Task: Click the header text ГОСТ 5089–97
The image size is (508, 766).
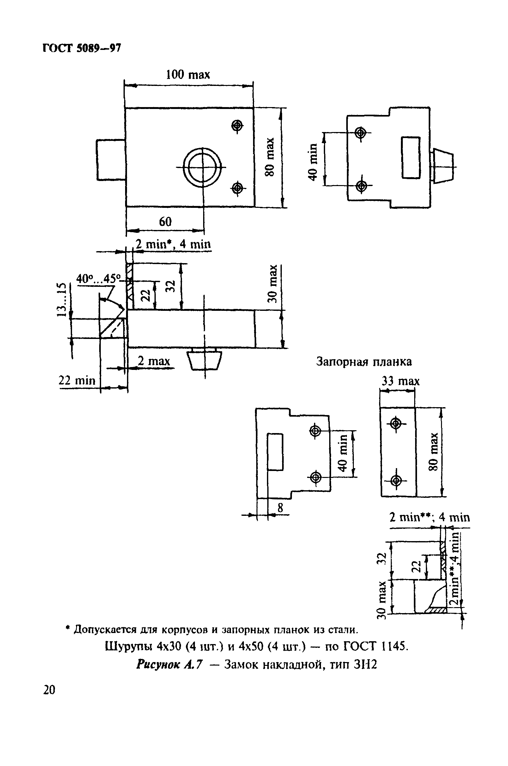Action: (82, 48)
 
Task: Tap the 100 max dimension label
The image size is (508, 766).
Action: (188, 75)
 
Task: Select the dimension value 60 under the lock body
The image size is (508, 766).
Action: (165, 222)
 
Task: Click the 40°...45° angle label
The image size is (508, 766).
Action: (98, 279)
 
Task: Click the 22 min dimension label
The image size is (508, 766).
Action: (77, 380)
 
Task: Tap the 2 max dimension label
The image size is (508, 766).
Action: (154, 361)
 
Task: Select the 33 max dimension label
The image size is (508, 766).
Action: (401, 381)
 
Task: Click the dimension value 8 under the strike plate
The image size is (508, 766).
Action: (280, 508)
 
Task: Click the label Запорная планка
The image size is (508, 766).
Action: (364, 361)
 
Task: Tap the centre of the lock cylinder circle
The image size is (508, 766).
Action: (203, 167)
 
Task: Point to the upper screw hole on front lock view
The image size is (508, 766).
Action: (238, 125)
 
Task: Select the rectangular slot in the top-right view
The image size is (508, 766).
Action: (410, 157)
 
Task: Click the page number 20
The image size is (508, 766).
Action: (49, 690)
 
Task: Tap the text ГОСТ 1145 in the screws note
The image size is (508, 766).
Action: (373, 647)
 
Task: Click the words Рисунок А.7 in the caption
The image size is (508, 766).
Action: (169, 665)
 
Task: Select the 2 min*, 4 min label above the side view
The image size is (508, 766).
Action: (173, 244)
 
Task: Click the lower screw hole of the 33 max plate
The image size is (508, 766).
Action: (395, 481)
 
